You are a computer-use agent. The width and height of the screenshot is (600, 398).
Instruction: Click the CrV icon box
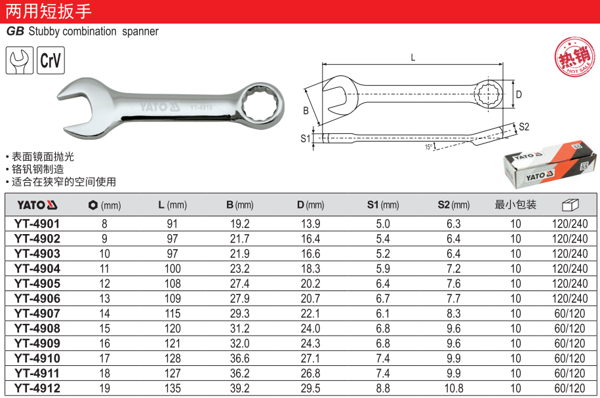(50, 60)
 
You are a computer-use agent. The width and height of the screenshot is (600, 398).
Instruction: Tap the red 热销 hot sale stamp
(575, 57)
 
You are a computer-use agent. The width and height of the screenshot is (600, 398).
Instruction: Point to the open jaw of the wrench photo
(79, 108)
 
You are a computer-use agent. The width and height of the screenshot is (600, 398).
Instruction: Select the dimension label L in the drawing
(413, 58)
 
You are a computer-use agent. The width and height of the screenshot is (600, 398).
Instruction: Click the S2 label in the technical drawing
(524, 127)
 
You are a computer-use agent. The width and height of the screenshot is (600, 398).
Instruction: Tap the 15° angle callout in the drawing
(429, 147)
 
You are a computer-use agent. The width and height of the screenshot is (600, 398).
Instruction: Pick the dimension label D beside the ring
(519, 94)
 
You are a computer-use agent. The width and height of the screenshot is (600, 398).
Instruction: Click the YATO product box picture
(550, 165)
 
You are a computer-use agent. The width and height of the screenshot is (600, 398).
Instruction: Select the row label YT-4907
(37, 313)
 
